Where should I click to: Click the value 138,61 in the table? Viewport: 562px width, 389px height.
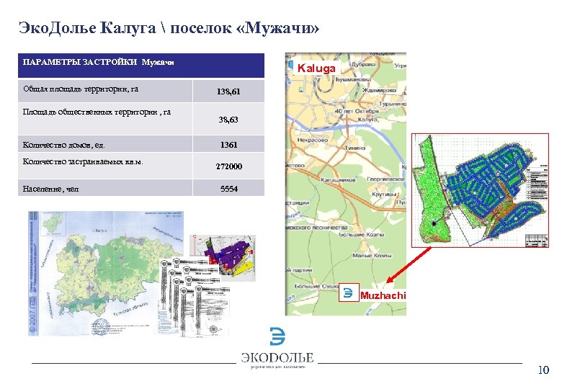(x=228, y=92)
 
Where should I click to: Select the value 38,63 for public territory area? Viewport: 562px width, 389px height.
(x=228, y=120)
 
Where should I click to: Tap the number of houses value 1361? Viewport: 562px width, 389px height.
(x=228, y=145)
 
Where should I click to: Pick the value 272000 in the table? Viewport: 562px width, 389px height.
(x=228, y=166)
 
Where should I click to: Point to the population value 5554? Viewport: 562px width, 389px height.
(x=228, y=189)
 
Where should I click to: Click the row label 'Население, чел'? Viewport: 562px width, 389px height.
(x=51, y=189)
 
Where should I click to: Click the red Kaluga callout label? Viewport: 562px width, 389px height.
(x=317, y=68)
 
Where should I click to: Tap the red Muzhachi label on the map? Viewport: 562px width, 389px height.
(x=383, y=295)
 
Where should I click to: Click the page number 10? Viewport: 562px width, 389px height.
(x=543, y=370)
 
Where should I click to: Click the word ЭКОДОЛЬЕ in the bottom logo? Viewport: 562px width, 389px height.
(x=277, y=357)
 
